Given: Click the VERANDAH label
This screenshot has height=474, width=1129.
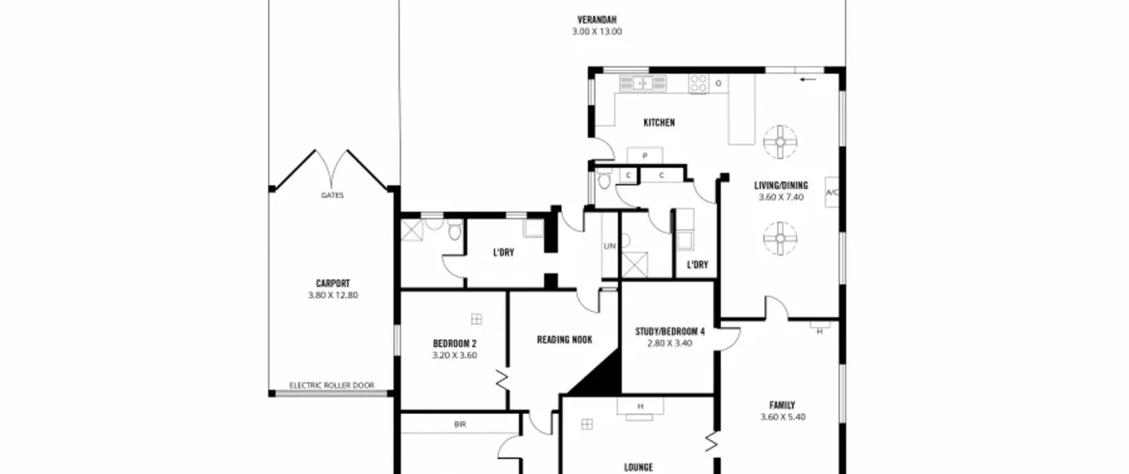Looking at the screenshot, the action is pos(597,20).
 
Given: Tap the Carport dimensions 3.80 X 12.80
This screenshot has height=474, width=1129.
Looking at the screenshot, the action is pos(333,295).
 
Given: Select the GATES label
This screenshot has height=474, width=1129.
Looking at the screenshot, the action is pos(332,195).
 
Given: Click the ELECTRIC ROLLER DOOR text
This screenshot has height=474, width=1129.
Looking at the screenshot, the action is pos(332,385).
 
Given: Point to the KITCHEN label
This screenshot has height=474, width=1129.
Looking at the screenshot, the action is pos(659,123).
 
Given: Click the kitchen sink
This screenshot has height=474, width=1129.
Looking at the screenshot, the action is pos(643,83).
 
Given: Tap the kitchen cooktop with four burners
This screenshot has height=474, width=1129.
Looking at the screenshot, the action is pos(699,83).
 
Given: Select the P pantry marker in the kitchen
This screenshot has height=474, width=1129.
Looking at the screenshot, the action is pos(645,156).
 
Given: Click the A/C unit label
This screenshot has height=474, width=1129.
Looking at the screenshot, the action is pos(832,192).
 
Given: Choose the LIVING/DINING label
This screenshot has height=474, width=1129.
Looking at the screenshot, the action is pos(781,186).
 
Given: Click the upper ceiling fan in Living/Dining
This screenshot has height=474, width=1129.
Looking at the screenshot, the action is pos(780,142).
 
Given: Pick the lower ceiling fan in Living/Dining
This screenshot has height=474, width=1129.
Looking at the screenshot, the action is pos(780,239).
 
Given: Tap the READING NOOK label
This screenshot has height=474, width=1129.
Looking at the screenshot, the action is pos(564,340).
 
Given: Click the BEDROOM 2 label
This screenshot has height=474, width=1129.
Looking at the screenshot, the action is pos(455,343).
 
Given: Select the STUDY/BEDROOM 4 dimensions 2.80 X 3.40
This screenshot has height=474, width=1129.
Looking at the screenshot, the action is pos(669,343).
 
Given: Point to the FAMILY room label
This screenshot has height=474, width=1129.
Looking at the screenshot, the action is pos(782,405).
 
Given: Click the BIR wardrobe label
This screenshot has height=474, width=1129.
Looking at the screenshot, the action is pos(460,424).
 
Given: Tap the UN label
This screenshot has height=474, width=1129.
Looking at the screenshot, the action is pos(609,246).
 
